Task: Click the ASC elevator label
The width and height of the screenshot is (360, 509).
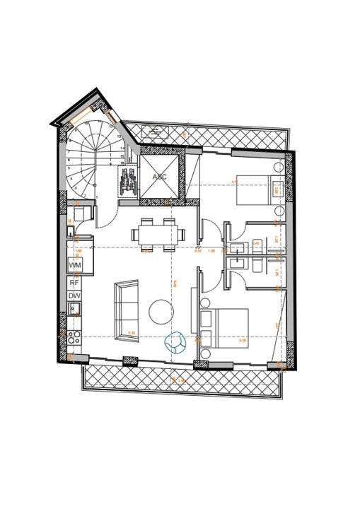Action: click(x=160, y=176)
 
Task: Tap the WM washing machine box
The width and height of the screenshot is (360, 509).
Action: click(x=74, y=264)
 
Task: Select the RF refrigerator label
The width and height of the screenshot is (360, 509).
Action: click(x=74, y=281)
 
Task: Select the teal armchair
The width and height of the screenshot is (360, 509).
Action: click(x=175, y=343)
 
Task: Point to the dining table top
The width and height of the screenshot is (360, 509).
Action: click(x=158, y=233)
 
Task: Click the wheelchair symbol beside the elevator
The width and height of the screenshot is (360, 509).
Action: click(x=129, y=182)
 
